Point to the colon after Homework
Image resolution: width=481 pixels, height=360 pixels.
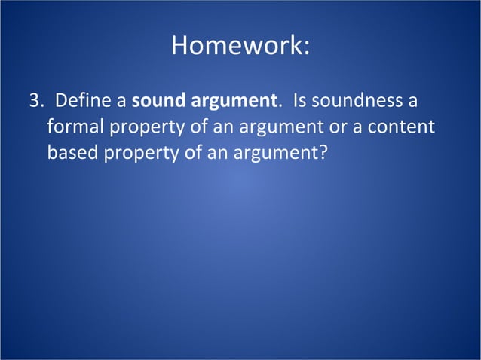point(305,47)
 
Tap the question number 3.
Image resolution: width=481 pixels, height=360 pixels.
point(33,101)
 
